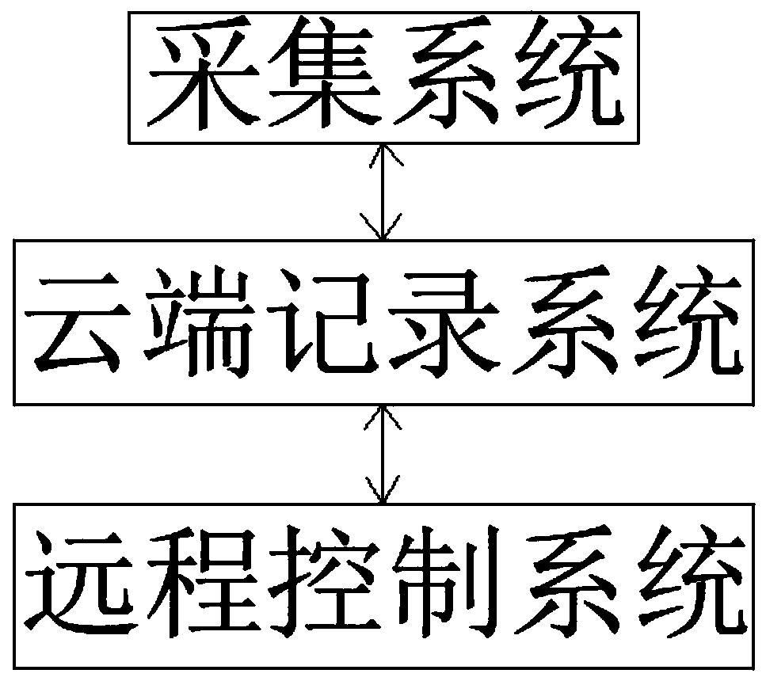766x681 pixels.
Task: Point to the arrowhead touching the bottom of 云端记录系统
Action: [383, 415]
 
